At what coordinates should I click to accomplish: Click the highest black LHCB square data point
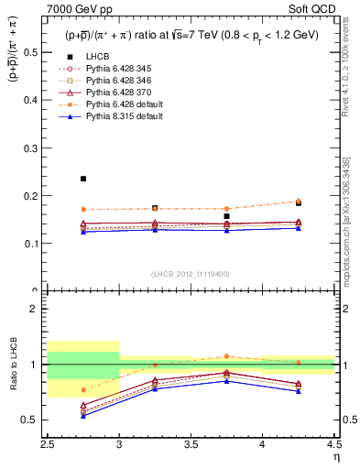click(83, 179)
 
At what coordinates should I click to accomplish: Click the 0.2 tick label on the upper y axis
click(36, 196)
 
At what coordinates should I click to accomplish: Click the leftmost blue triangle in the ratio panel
click(83, 415)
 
